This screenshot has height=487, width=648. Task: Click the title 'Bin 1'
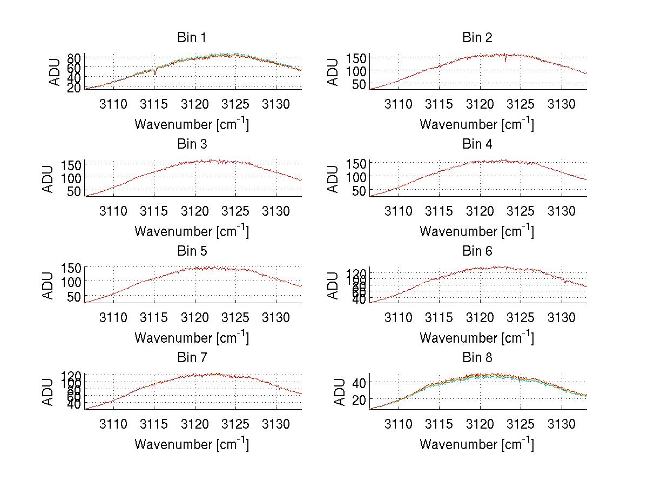tap(191, 38)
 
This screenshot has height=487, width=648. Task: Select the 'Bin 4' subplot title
tap(477, 144)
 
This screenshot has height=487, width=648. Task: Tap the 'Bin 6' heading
tap(477, 251)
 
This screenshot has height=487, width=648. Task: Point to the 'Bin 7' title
tap(191, 358)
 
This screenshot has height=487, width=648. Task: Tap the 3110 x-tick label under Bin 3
tap(113, 210)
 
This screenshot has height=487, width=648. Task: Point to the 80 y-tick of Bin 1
tap(74, 57)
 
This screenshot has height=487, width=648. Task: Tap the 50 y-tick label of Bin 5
tap(74, 296)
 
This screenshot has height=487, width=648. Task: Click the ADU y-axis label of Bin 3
tap(49, 179)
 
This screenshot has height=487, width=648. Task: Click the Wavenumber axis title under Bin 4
tap(477, 231)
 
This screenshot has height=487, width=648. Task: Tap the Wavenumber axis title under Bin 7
tap(191, 444)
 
